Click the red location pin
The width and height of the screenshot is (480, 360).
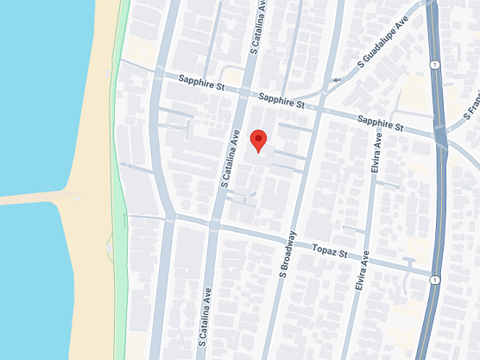258,140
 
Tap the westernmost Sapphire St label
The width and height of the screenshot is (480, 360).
201,85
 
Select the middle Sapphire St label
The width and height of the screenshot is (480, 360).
281,102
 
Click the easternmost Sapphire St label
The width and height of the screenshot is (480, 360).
381,123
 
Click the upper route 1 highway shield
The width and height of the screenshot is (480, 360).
438,65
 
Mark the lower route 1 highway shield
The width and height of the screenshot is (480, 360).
438,281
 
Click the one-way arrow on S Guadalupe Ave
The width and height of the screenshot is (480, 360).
335,81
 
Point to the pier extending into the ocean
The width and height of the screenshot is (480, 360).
35,198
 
